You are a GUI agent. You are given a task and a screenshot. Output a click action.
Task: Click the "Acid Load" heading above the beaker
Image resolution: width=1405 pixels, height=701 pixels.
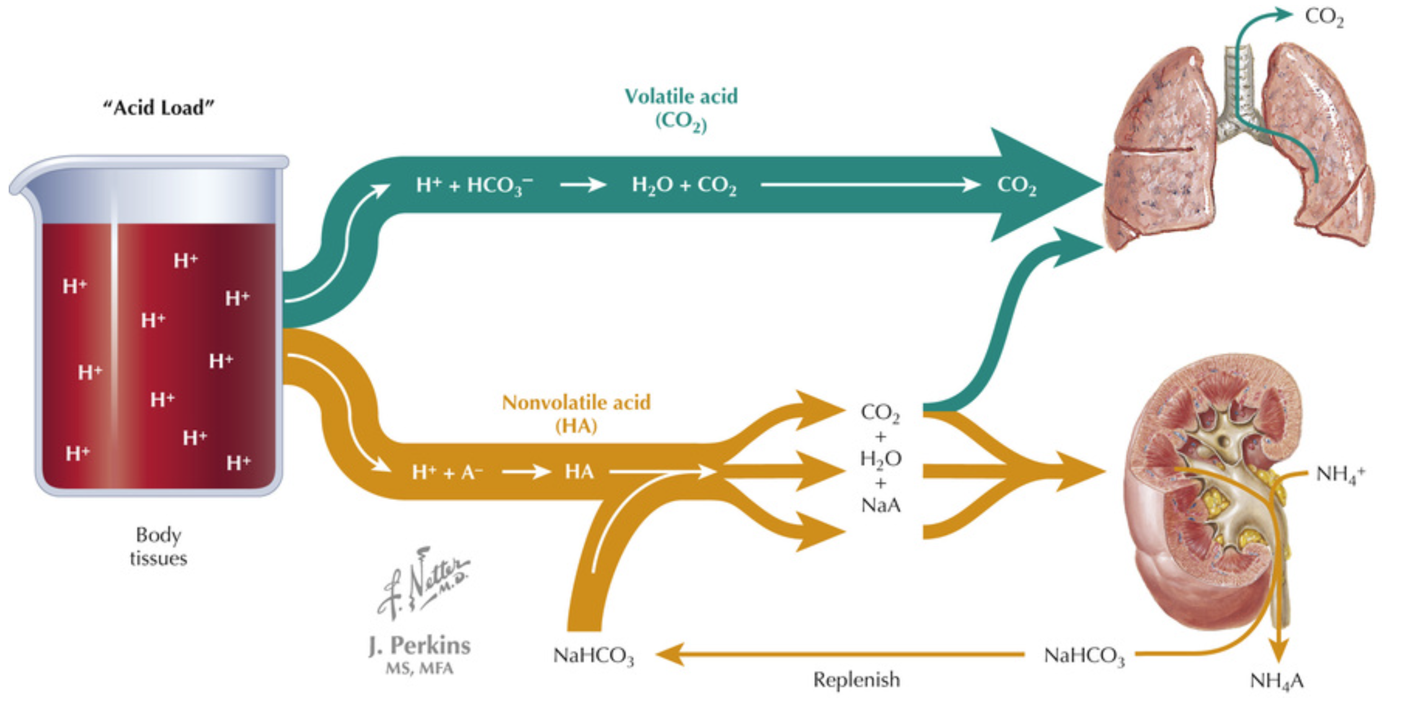[x=158, y=108]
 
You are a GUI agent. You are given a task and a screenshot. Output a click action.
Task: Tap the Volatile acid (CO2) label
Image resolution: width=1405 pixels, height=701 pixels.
[x=681, y=108]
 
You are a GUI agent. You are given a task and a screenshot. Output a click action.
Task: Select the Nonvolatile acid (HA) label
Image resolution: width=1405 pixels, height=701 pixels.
[x=576, y=414]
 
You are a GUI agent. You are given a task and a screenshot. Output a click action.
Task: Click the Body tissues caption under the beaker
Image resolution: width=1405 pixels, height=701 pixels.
[x=158, y=547]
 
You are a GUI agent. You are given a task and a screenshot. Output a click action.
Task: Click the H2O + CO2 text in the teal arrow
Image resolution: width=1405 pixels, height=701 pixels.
[x=684, y=185]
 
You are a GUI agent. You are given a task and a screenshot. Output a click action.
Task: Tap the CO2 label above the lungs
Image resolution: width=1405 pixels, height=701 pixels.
[x=1324, y=17]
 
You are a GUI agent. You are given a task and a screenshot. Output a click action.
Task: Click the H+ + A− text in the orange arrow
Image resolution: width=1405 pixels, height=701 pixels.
[x=447, y=473]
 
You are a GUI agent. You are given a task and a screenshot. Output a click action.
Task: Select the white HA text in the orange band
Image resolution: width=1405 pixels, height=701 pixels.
[x=579, y=472]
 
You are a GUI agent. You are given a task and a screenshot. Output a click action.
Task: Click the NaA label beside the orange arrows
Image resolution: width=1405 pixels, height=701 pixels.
[x=880, y=506]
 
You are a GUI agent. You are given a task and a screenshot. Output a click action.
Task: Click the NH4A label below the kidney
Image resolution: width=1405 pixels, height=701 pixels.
[x=1277, y=681]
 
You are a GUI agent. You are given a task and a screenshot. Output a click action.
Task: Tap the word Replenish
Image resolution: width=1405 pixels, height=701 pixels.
[x=856, y=680]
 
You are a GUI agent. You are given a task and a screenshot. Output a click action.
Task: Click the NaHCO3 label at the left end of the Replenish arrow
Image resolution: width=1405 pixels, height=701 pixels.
[x=593, y=656]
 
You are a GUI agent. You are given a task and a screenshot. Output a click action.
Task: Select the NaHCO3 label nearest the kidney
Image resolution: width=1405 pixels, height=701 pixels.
[x=1084, y=656]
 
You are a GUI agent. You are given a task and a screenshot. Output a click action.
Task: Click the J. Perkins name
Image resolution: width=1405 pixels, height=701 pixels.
[x=420, y=646]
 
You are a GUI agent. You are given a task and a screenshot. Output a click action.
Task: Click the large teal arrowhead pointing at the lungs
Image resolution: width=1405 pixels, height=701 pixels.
[x=1048, y=184]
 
